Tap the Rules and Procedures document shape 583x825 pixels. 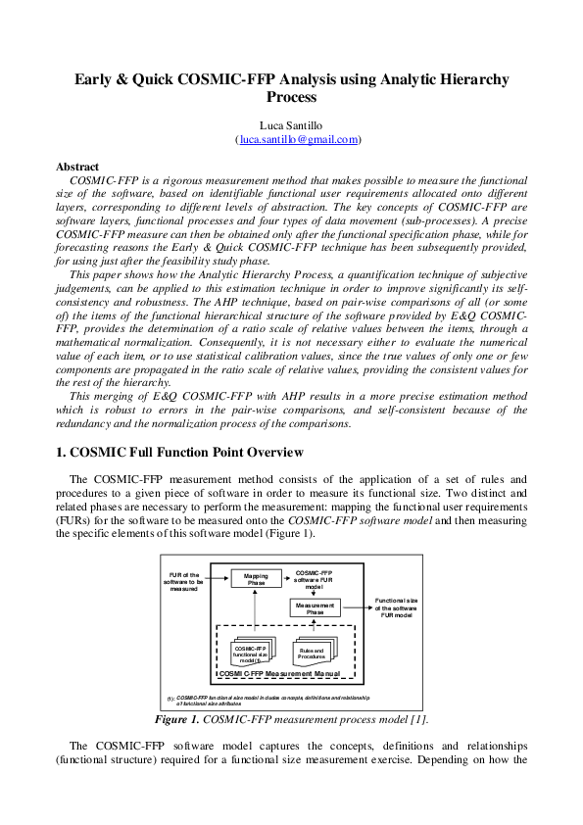click(x=312, y=654)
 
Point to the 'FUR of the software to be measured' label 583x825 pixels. click(x=184, y=581)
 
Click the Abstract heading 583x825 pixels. click(x=77, y=168)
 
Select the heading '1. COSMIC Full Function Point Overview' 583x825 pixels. click(x=180, y=452)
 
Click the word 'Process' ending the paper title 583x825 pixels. click(x=292, y=98)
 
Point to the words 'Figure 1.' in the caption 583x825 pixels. click(x=178, y=719)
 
